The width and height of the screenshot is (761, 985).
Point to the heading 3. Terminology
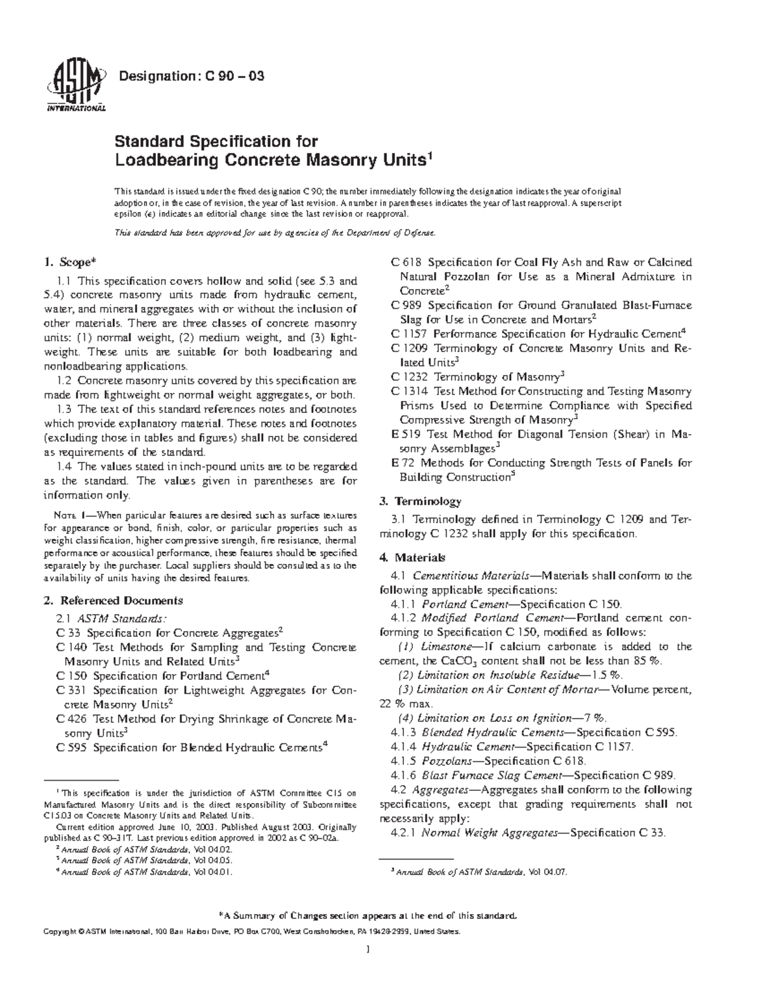tap(420, 501)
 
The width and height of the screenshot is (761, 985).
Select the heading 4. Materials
tap(412, 558)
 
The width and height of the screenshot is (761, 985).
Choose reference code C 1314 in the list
tap(409, 391)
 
